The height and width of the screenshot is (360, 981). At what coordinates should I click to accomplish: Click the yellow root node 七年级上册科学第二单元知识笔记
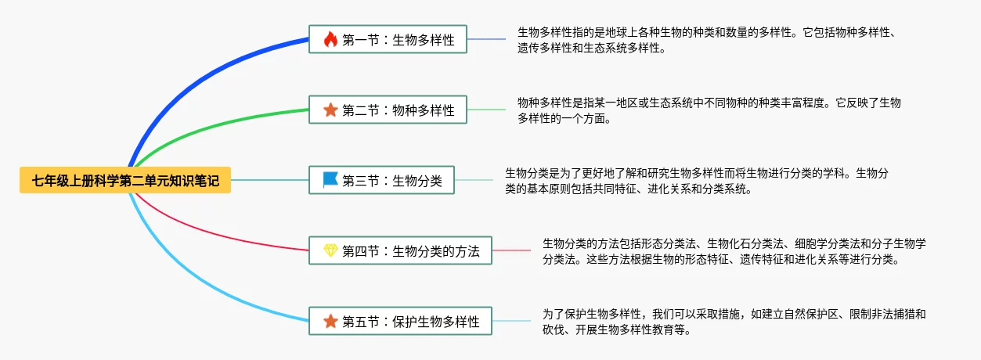point(125,181)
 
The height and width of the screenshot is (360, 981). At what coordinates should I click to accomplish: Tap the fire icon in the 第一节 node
point(330,40)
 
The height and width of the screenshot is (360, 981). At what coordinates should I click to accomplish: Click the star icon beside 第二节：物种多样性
point(330,110)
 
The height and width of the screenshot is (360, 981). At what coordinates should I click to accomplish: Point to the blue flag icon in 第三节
point(330,181)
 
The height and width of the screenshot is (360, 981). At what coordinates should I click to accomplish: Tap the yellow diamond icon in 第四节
point(330,251)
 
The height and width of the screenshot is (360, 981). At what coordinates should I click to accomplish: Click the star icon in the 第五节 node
point(330,322)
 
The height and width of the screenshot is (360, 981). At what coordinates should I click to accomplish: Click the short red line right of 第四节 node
point(511,251)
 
